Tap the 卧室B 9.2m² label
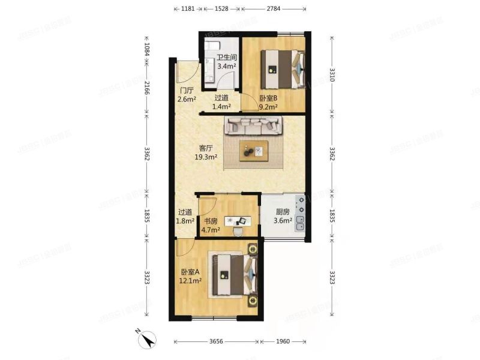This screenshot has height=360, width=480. point(268,103)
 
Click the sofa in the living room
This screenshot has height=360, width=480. point(253,125)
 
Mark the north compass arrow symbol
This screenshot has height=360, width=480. point(146,340)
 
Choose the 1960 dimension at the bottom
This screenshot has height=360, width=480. point(283,341)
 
